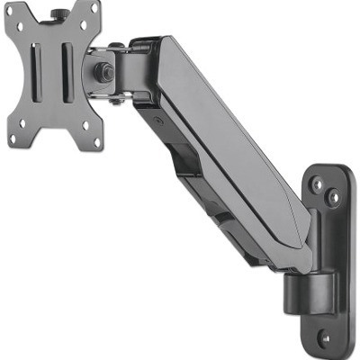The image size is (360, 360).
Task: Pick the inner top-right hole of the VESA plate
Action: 82,27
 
